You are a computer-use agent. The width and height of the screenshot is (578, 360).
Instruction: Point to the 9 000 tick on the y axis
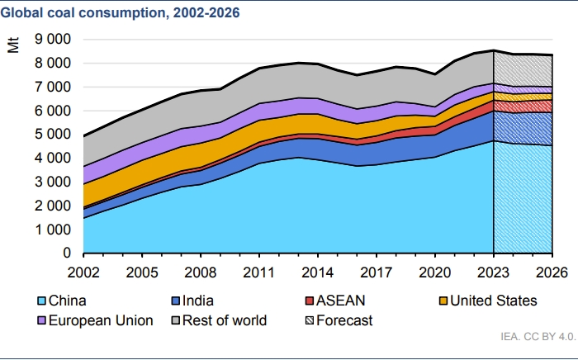(54, 39)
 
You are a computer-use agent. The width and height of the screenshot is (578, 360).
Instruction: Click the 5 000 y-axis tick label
(54, 134)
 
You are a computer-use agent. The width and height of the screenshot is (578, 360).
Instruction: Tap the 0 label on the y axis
(67, 253)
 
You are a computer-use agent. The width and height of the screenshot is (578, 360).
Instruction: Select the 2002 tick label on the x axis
(83, 271)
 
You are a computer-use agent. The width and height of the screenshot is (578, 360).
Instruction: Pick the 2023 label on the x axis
(493, 271)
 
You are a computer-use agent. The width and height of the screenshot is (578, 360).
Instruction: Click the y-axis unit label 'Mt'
(14, 45)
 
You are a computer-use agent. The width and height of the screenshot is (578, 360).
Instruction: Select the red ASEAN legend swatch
(310, 301)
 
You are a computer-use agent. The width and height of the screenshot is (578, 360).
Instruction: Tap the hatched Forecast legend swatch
(310, 320)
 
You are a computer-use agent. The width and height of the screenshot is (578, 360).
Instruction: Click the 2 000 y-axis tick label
(54, 206)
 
